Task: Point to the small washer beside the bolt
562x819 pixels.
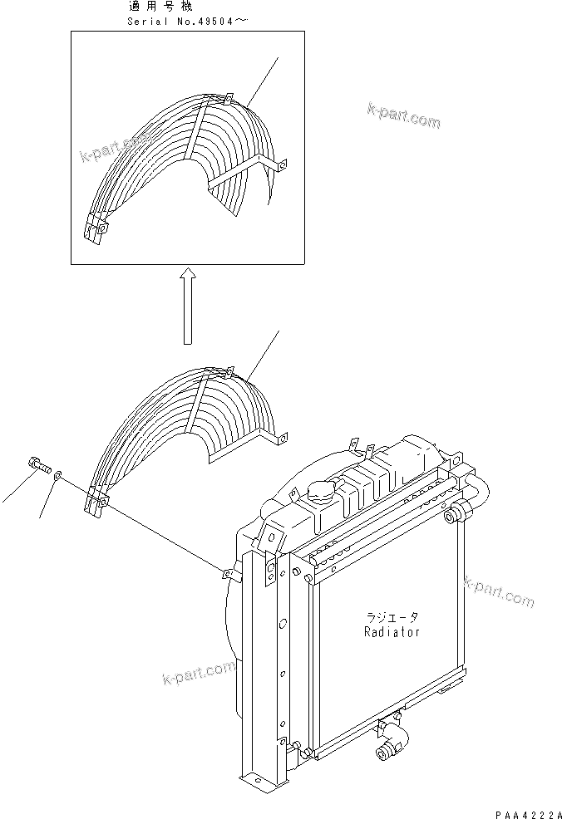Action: pos(57,477)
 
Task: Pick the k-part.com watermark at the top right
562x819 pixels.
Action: pos(402,116)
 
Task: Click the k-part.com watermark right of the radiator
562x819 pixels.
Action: pos(500,591)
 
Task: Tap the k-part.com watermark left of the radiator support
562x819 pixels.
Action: pos(199,674)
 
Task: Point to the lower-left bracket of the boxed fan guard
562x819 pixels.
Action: pos(96,232)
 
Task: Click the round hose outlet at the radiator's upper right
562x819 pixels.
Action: pos(453,518)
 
